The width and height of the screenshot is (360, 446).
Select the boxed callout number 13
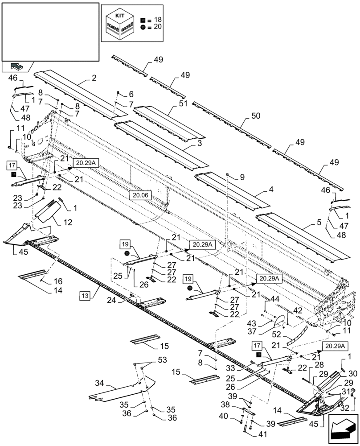coord(86,295)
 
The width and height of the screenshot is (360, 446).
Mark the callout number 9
coord(242,177)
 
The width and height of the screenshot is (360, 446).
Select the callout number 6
coord(131,94)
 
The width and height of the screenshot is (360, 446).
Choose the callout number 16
coord(58,281)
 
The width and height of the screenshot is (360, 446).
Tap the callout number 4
coord(271,189)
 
